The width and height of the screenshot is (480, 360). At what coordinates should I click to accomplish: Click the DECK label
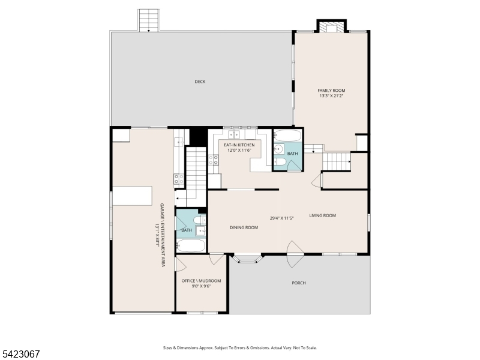200,82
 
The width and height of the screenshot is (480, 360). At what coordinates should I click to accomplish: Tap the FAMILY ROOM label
331,91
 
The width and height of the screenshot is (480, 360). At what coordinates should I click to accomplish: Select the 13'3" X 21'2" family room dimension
331,96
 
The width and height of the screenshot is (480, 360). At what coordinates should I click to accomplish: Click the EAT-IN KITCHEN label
239,145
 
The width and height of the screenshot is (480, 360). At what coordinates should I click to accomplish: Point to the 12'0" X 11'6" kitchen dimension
239,151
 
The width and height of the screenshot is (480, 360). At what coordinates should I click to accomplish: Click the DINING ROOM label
244,227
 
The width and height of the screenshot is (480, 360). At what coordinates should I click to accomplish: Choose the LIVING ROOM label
322,215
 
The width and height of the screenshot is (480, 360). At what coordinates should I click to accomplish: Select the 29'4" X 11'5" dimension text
281,218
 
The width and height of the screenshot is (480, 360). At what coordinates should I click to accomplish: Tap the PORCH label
298,283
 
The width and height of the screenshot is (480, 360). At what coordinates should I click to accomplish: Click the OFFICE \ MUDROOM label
201,281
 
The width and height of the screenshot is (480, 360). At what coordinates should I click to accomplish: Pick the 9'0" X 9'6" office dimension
201,286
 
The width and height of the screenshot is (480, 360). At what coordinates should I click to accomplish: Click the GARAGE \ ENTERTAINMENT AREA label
163,235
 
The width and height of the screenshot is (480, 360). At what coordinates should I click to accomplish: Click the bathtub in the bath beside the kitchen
287,135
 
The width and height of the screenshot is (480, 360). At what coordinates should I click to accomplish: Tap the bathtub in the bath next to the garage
191,245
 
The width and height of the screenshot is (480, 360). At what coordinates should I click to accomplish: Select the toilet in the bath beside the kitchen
280,161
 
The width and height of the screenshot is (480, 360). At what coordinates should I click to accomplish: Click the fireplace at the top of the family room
331,26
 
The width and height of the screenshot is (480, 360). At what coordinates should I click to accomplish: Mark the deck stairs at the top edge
149,20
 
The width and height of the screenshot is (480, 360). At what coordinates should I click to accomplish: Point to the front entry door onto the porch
295,254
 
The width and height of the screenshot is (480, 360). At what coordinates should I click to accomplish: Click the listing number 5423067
20,354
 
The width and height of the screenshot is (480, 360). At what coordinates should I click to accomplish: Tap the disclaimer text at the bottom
239,348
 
